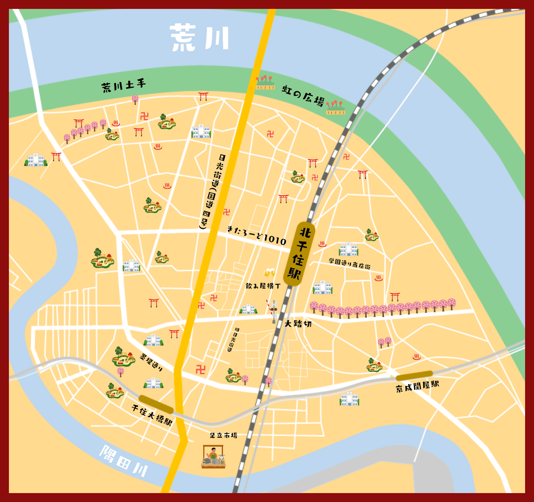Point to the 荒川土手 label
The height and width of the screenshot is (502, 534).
[x=123, y=86]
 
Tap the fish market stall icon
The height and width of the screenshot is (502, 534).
[x=213, y=457]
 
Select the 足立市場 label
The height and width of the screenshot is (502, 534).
[x=223, y=435]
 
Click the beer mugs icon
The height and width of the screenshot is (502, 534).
[x=270, y=273]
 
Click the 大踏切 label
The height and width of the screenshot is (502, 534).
[x=298, y=324]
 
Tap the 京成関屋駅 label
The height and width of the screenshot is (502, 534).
[x=417, y=386]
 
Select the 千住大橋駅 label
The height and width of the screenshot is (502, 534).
[x=152, y=415]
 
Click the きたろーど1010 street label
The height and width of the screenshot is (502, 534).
[x=256, y=235]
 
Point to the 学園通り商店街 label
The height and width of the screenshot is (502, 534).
[x=350, y=264]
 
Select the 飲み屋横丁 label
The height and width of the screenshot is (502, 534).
[x=263, y=286]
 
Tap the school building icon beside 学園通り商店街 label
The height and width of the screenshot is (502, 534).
[x=348, y=249]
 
